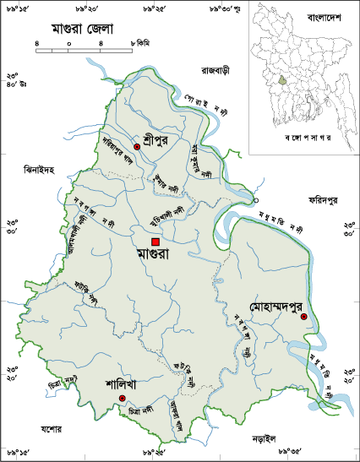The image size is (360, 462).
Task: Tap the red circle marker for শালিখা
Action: [x=122, y=398]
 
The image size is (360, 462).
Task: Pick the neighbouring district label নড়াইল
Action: [x=267, y=439]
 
